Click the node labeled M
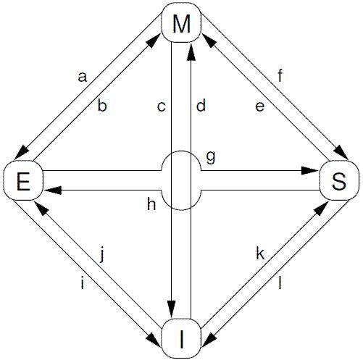pos(181,22)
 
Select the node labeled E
pos(23,180)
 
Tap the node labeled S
pos(339,180)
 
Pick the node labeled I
pos(181,338)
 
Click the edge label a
pos(82,78)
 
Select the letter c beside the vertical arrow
pos(161,106)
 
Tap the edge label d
pos(201,104)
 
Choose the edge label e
pos(260,106)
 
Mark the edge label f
pos(280,75)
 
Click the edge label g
pos(211,158)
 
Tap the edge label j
pos(102,256)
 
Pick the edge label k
pos(260,254)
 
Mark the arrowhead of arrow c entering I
pos(171,309)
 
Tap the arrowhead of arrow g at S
pos(310,170)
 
